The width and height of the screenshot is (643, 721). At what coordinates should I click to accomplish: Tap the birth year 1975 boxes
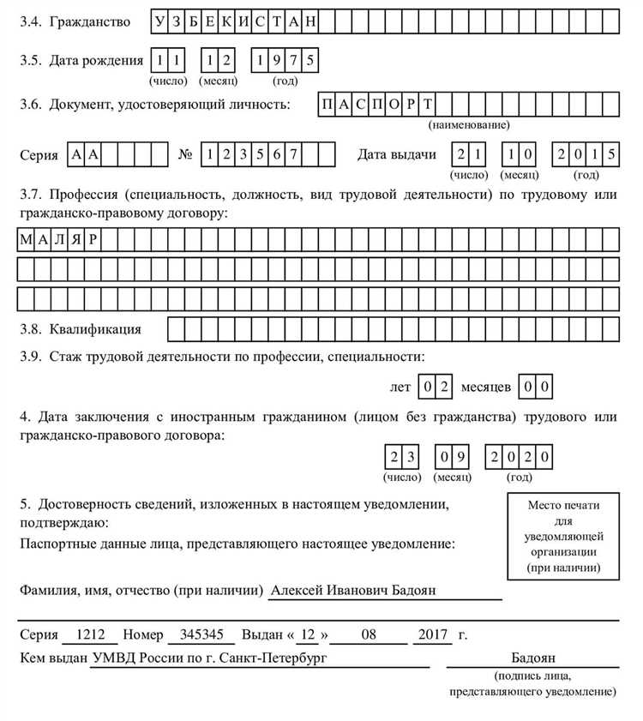tap(285, 60)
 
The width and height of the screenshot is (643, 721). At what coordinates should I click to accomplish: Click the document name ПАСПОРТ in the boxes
tap(376, 105)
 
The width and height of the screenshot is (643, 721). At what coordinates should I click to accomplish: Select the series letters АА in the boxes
tap(83, 154)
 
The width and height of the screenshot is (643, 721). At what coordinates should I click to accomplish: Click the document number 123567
tap(249, 154)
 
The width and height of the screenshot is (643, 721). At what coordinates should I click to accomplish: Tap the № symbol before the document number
tap(184, 155)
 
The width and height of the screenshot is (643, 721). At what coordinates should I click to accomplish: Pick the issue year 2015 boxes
tap(586, 154)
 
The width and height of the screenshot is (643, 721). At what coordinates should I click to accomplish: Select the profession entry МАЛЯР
tap(58, 240)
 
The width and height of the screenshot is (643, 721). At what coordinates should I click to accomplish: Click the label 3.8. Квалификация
tap(81, 328)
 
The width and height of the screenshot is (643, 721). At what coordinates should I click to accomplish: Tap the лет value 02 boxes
tap(436, 387)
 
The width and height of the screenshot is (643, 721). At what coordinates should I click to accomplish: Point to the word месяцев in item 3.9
tap(486, 388)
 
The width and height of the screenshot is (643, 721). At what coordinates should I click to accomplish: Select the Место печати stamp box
tap(563, 536)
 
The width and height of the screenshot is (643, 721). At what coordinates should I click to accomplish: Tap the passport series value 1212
tap(90, 635)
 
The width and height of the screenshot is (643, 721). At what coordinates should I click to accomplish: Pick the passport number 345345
tap(201, 635)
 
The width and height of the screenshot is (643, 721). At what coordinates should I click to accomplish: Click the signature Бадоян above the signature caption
tap(533, 658)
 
